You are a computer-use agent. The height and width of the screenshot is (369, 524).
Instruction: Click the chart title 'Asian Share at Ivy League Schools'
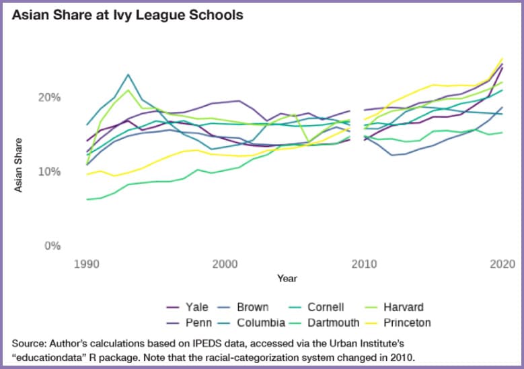(x=127, y=14)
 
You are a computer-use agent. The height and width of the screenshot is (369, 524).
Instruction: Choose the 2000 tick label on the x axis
(x=225, y=263)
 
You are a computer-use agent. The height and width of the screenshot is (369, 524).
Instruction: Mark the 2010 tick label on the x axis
(x=364, y=263)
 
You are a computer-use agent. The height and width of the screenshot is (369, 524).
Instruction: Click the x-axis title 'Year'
(x=288, y=277)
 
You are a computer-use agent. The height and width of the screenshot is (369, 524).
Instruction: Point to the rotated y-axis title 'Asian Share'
(x=19, y=165)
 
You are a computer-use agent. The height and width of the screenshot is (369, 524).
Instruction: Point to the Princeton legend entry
(x=406, y=323)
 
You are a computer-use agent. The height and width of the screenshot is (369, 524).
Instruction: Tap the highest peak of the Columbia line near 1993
(x=128, y=75)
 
